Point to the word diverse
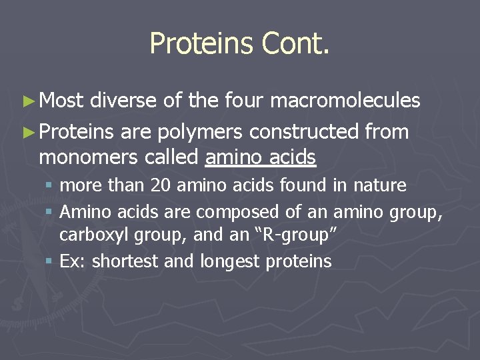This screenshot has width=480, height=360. (x=123, y=101)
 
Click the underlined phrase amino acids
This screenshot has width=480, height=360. (x=261, y=157)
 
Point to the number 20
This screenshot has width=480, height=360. (x=161, y=185)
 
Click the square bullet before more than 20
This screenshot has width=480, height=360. (x=50, y=185)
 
